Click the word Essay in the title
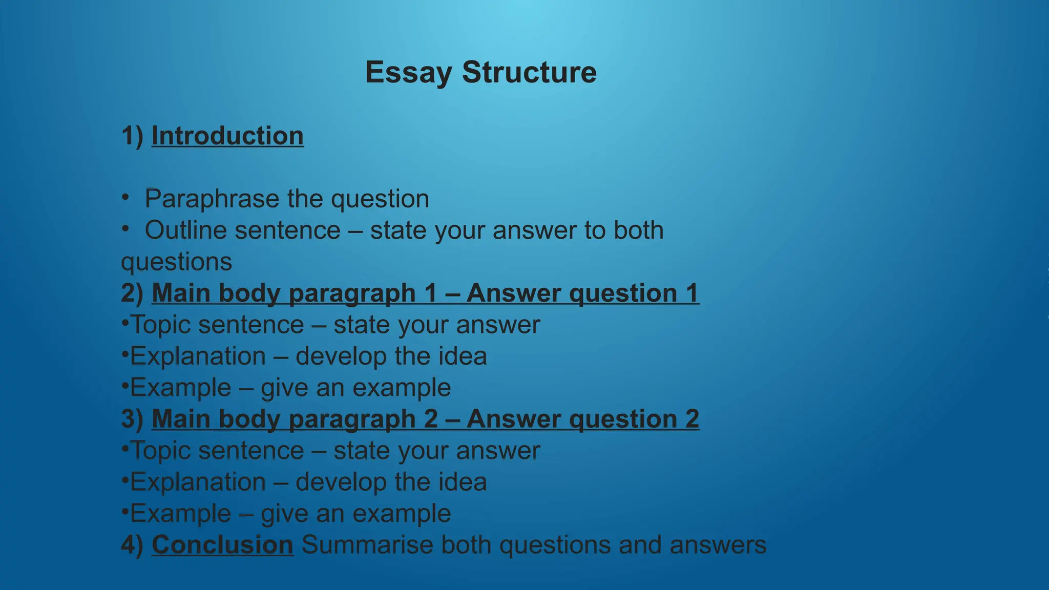pos(408,72)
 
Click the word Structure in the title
pos(529,72)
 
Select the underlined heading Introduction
pos(227,136)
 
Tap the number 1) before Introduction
pos(132,136)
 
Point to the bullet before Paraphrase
pos(125,198)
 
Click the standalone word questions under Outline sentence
pos(176,262)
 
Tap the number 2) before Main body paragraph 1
pos(132,293)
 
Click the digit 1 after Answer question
pos(692,293)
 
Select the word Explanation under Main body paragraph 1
pos(198,356)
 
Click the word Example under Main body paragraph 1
pos(180,388)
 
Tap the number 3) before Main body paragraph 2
pos(132,419)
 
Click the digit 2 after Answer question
pos(692,419)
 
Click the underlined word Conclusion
pos(222,545)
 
